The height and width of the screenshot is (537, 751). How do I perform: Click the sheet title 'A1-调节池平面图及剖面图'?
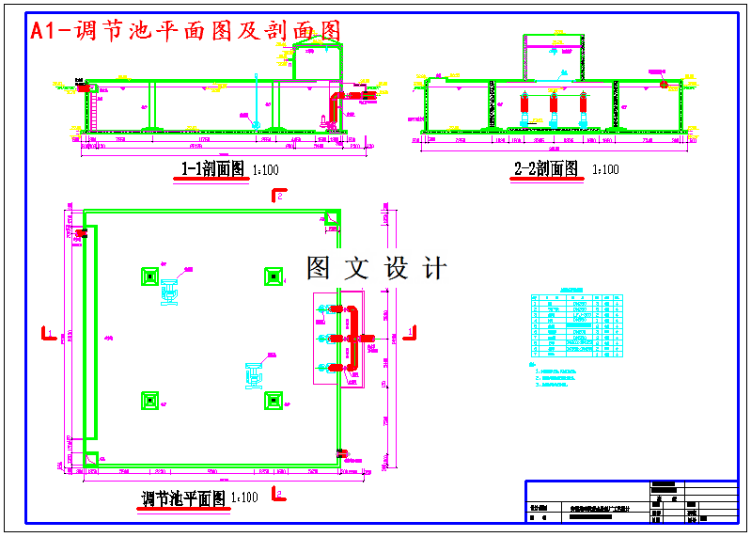[185, 31]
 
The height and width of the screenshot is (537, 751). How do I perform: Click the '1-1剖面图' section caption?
[212, 169]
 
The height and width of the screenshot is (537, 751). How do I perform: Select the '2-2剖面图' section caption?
[547, 169]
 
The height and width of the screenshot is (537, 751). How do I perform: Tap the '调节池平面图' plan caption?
[182, 498]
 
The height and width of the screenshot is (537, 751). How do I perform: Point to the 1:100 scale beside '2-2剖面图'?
[606, 170]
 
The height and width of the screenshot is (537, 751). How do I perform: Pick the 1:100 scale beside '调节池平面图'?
[244, 498]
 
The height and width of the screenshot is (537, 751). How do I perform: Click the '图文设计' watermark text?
[376, 269]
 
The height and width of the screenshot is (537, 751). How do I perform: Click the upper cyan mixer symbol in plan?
[171, 292]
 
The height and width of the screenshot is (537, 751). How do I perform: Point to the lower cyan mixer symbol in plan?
[255, 373]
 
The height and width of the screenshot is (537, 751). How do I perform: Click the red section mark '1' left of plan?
[47, 331]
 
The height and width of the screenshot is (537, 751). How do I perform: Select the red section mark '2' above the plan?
[277, 195]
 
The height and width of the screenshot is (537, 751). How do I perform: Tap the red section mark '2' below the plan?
[277, 493]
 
